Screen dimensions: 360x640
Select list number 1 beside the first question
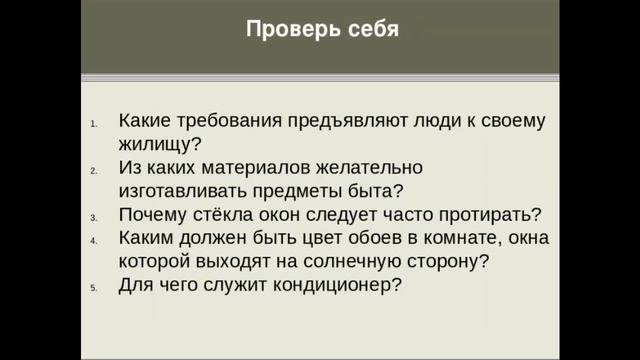point(94,124)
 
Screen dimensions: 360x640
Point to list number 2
point(94,171)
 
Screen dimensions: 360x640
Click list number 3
point(94,217)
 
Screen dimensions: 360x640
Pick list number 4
point(94,241)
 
